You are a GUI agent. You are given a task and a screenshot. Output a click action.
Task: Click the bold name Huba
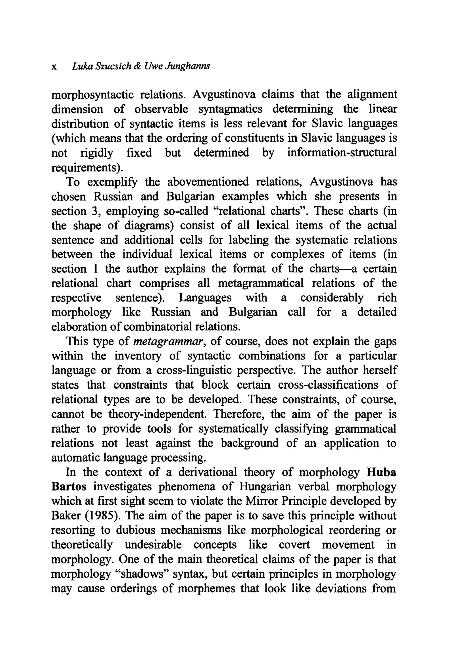tap(381, 472)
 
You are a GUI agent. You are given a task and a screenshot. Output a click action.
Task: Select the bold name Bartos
tap(69, 487)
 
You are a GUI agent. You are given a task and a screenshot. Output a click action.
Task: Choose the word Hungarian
tap(265, 487)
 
